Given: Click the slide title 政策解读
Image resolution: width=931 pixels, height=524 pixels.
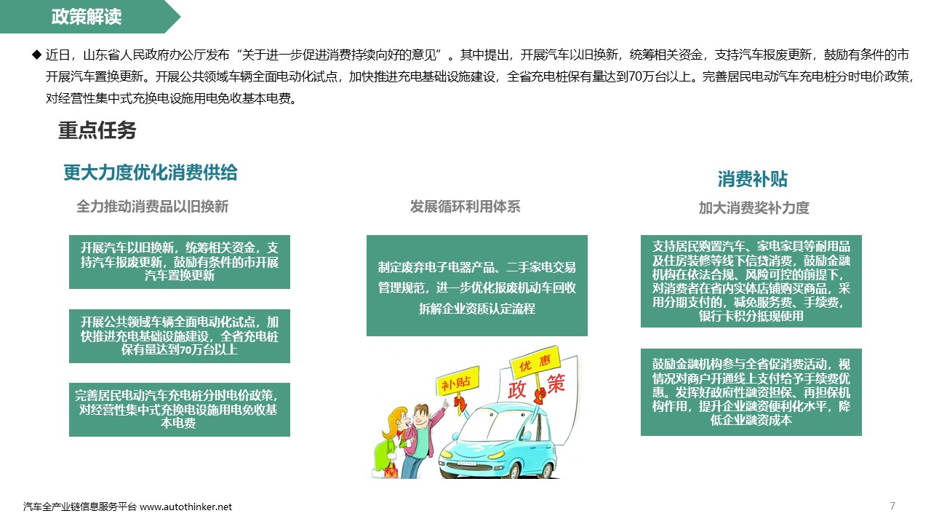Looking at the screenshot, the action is point(87,17).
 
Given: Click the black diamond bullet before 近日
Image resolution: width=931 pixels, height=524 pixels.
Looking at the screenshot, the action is point(37,55).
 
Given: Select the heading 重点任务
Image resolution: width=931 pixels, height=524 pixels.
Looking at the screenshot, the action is point(97,130).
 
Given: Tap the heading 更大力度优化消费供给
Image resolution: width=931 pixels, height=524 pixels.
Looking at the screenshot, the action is point(151,172).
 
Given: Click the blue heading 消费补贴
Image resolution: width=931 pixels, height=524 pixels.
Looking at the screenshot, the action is point(753,179).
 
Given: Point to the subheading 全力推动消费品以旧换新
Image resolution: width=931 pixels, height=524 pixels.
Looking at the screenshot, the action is point(153,206).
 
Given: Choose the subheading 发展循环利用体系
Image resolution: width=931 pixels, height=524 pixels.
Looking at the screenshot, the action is point(465,206).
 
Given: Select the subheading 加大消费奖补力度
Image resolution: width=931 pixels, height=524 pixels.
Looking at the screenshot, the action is point(754,207).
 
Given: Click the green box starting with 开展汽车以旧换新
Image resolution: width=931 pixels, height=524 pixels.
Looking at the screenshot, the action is point(180,261).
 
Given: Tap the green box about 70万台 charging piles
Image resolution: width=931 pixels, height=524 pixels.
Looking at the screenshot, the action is point(180,336).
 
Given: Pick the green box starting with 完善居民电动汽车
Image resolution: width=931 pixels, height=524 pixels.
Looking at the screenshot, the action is point(180,410).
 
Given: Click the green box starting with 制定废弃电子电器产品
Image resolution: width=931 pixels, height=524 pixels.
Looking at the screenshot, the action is point(476,285).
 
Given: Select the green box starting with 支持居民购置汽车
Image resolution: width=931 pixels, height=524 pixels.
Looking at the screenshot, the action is point(751,281).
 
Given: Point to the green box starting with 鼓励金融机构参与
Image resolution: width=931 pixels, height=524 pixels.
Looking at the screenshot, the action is point(751,392).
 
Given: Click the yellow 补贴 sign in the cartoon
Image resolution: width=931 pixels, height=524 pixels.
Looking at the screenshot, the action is point(457,381).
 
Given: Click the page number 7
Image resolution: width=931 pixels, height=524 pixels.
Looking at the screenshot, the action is point(892,506).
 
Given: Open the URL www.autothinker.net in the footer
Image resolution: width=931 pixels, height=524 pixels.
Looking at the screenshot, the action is point(185,507).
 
